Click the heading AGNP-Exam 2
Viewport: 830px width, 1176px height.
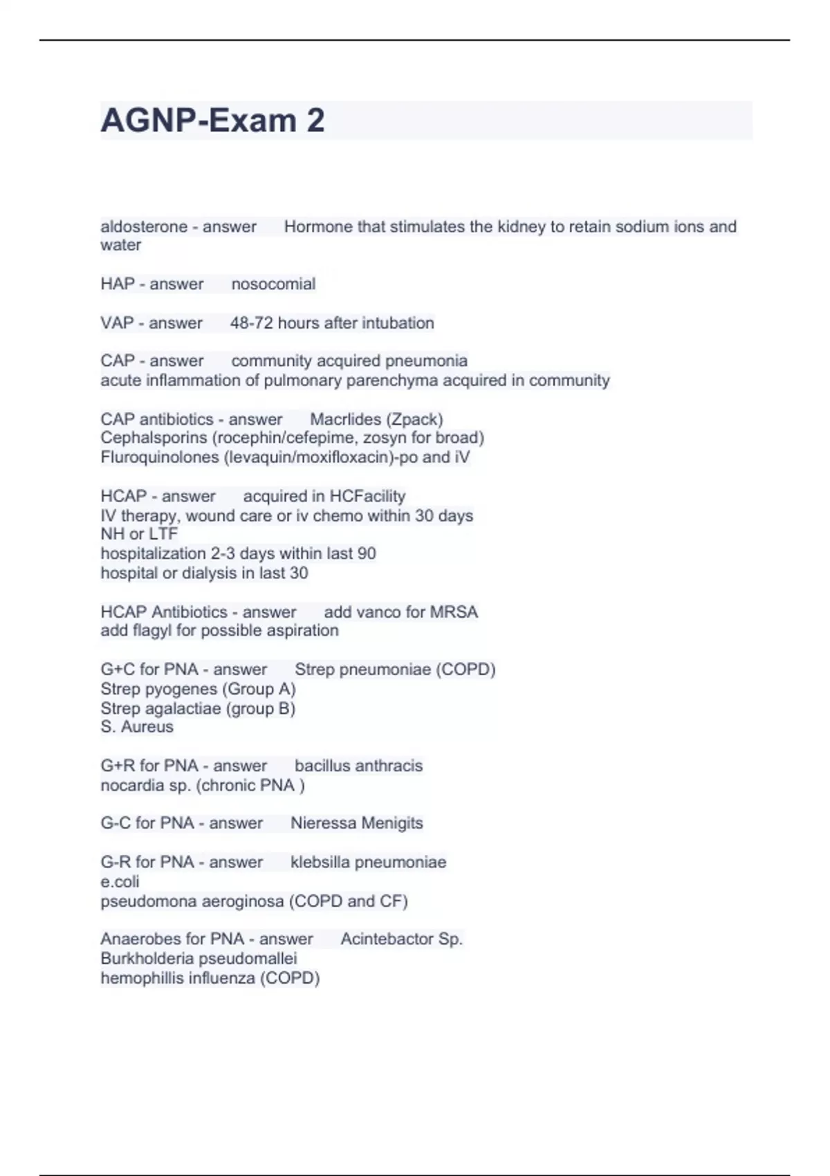[212, 121]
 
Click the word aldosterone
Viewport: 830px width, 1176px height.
[144, 227]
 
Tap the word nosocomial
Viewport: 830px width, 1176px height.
[273, 284]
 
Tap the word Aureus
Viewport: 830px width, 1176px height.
[147, 727]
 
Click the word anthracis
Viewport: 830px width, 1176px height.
[387, 766]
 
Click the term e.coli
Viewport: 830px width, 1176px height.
[120, 882]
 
